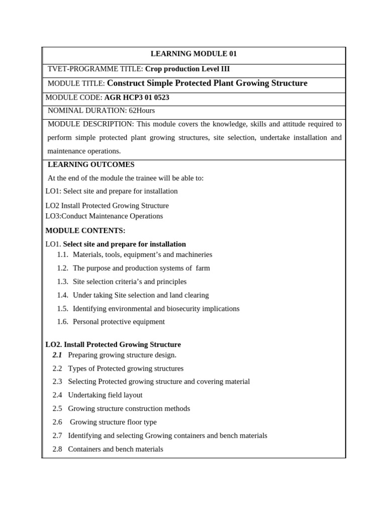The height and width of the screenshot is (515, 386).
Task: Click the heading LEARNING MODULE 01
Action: point(194,54)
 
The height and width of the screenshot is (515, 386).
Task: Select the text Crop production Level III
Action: point(187,69)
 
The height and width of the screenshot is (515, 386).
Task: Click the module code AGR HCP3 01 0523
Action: point(137,98)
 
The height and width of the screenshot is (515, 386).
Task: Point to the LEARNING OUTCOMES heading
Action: point(91,164)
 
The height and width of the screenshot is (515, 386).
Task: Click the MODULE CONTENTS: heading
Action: point(85,230)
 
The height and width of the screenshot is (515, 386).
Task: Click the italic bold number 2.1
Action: point(57,355)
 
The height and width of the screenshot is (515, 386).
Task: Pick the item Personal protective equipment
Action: point(119,321)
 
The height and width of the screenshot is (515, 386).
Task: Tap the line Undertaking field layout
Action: point(105,395)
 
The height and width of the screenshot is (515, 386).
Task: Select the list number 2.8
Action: point(57,449)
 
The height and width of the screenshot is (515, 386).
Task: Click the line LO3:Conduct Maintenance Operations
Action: point(104,216)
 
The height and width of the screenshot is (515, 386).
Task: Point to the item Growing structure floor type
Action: point(113,422)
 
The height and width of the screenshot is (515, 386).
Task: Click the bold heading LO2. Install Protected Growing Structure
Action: point(113,345)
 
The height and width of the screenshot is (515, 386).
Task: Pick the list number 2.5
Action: point(57,408)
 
